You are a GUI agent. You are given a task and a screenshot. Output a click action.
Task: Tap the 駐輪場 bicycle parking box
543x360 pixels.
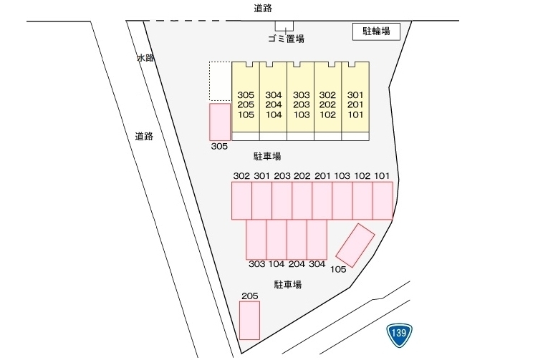(376, 31)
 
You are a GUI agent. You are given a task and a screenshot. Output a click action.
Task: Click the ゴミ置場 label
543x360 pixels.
(286, 39)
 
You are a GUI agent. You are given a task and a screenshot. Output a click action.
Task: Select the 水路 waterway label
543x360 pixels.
(145, 58)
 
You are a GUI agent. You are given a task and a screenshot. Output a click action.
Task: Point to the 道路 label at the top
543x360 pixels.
(263, 9)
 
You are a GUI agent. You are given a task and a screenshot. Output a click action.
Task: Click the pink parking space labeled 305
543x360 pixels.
(220, 122)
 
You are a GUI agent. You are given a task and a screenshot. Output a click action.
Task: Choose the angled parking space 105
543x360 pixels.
(355, 245)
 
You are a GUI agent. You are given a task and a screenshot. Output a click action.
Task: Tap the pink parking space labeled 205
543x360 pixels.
(250, 320)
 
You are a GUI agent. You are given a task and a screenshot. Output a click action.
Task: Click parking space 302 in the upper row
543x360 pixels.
(241, 201)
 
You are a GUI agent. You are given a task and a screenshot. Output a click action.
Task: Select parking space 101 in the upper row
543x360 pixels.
(383, 201)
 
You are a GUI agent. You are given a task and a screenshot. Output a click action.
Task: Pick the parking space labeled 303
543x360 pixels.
(256, 239)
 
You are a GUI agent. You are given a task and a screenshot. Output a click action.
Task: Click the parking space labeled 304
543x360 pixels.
(317, 239)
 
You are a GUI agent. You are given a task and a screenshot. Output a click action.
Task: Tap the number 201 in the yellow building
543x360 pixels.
(355, 104)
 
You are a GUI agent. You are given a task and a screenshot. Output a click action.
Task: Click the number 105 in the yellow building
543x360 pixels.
(246, 115)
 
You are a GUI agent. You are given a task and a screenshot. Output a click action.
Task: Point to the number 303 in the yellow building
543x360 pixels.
(302, 94)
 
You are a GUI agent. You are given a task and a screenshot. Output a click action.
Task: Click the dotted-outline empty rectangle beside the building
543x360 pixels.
(220, 82)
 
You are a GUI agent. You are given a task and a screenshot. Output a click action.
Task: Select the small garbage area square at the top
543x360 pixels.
(284, 26)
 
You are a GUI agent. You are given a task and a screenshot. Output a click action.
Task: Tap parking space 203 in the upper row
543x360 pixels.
(282, 201)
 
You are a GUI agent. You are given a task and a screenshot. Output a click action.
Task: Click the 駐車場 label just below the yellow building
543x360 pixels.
(267, 156)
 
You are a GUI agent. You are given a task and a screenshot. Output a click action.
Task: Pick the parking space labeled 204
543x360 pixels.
(297, 239)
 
